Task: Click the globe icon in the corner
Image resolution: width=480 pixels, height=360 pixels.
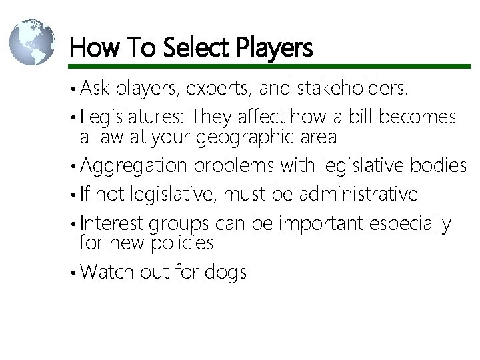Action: coord(31,42)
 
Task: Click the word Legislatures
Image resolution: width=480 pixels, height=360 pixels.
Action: coord(132,117)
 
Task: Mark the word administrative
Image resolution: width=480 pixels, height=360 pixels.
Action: coord(359,194)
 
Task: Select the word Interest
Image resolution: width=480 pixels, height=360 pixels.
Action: coord(111,223)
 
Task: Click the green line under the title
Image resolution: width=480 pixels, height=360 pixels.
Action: coord(267,66)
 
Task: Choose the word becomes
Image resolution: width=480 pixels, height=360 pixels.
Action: coord(417,117)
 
